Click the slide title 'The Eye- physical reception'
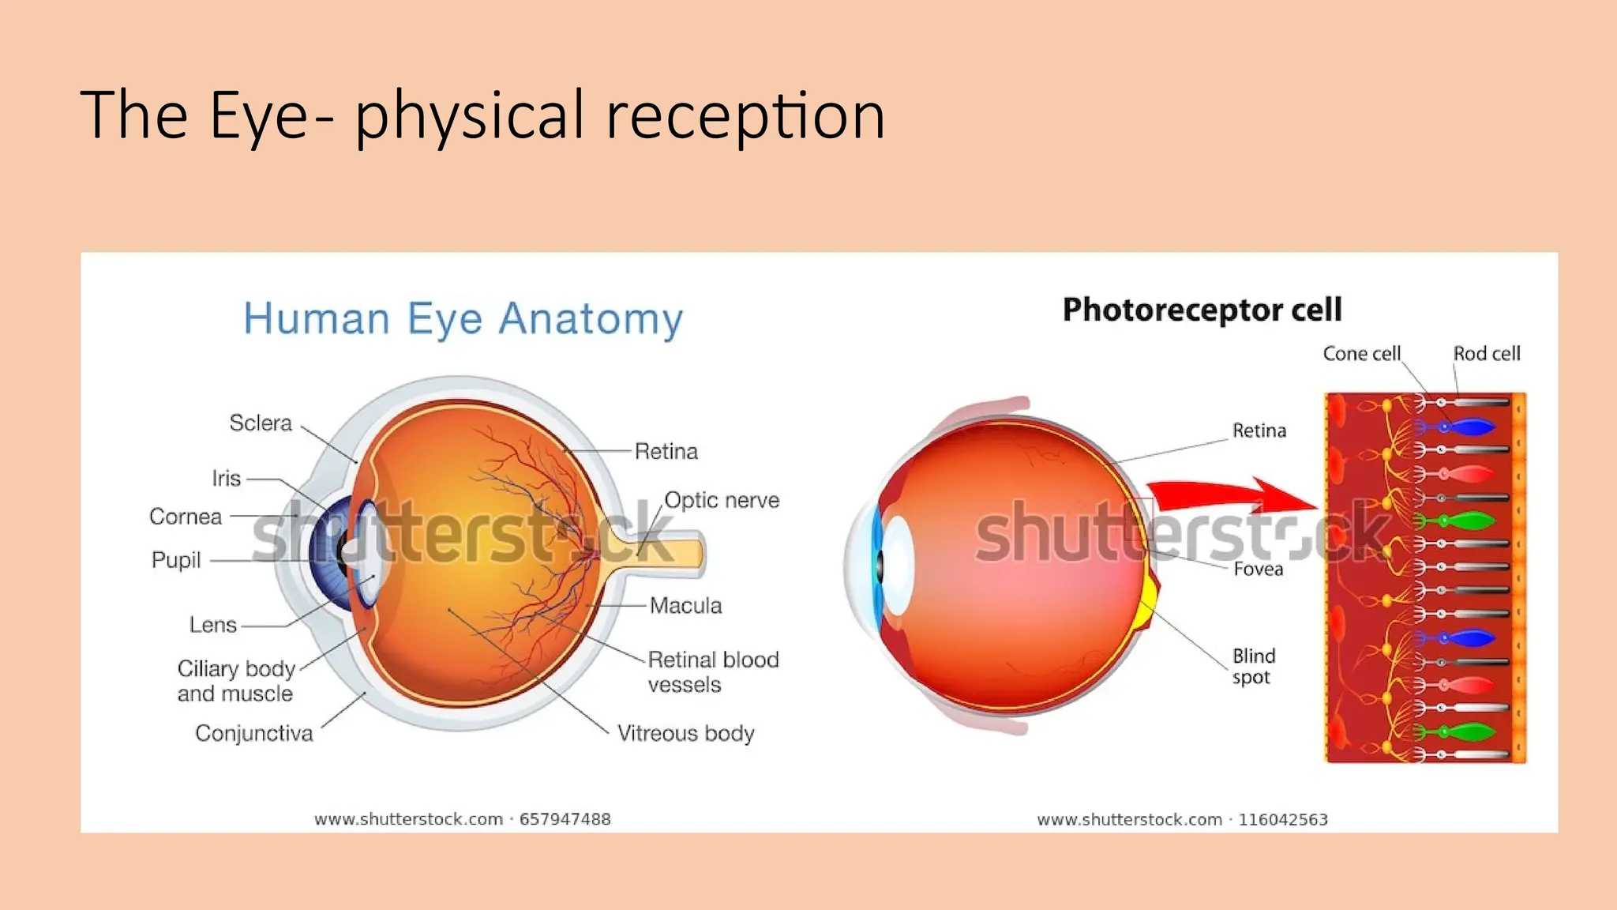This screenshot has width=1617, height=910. click(x=482, y=115)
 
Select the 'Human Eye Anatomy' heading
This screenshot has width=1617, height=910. click(x=463, y=319)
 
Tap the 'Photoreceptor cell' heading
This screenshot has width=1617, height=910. click(x=1202, y=310)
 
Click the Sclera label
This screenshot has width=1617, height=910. click(x=261, y=423)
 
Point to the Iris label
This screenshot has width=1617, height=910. click(x=227, y=479)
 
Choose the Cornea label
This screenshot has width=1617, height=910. click(x=186, y=517)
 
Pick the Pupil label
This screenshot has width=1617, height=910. click(x=176, y=560)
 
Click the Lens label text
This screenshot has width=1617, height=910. click(x=213, y=625)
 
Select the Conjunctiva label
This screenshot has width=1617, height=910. click(x=254, y=733)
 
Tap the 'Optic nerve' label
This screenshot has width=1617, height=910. click(x=722, y=500)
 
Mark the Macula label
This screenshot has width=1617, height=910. click(x=685, y=606)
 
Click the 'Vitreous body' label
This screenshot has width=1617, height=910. click(x=685, y=733)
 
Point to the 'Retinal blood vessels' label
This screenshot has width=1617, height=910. click(x=713, y=671)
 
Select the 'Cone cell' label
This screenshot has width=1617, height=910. click(x=1361, y=354)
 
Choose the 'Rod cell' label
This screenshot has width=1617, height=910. click(x=1487, y=354)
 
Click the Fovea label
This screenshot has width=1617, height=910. click(x=1258, y=569)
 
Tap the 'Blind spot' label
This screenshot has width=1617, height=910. click(x=1253, y=666)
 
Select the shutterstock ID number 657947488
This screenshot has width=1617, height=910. click(x=565, y=819)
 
